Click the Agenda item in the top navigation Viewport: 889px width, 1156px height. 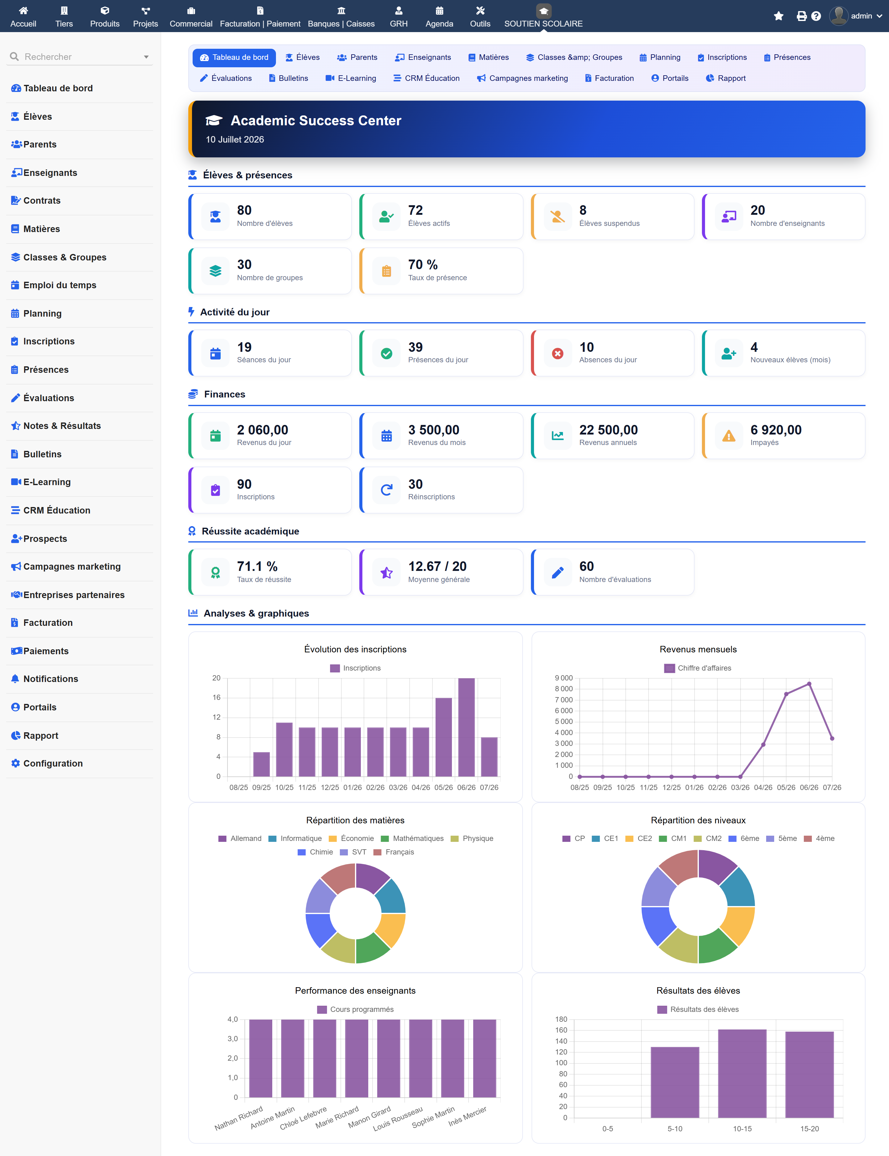tap(439, 16)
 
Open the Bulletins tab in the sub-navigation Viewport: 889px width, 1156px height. tap(288, 78)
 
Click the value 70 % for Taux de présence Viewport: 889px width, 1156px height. tap(423, 264)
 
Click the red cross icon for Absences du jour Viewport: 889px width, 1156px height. tap(558, 353)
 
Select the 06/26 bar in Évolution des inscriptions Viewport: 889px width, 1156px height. tap(466, 727)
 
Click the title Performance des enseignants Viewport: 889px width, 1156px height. tap(355, 990)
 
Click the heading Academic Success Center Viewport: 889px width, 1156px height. tap(316, 121)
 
